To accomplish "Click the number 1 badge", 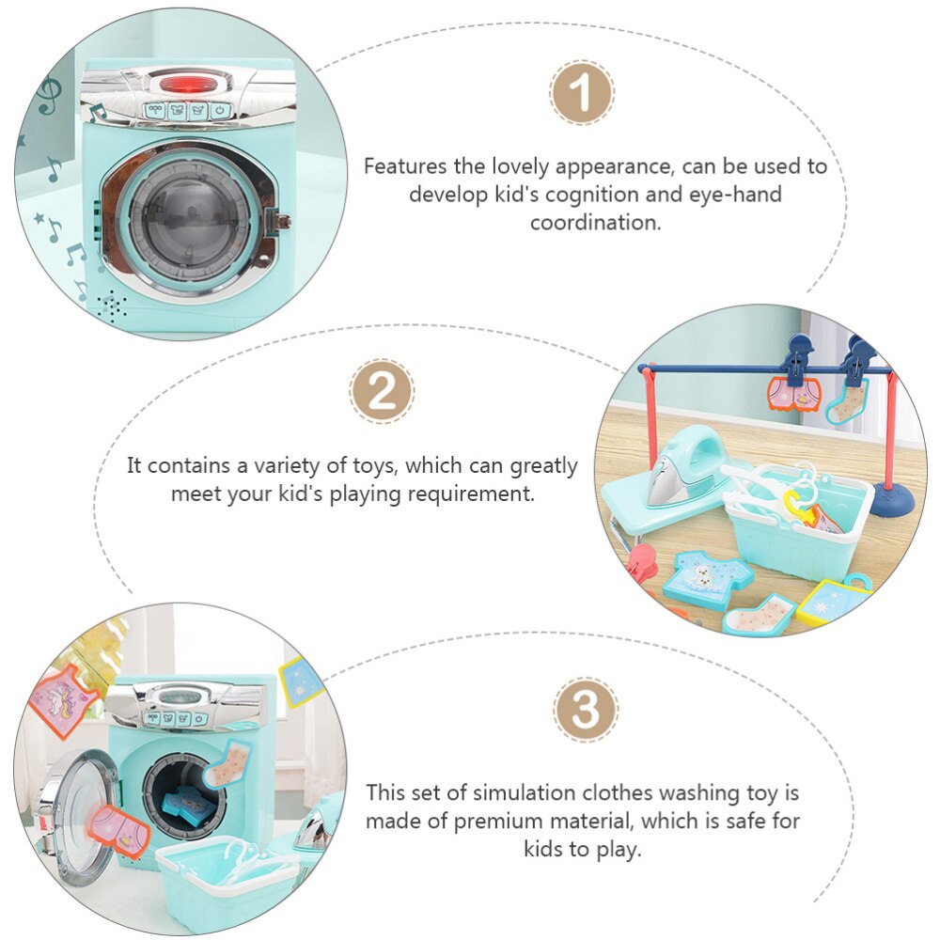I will click(x=582, y=93).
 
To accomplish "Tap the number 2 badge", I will click(x=382, y=391).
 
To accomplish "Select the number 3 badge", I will click(x=586, y=710).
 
